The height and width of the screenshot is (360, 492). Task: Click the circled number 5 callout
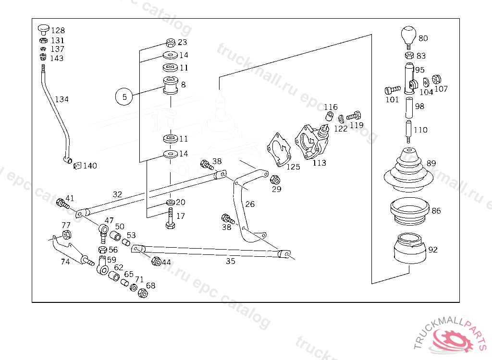[x=124, y=96]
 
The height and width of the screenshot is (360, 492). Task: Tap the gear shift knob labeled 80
[x=408, y=36]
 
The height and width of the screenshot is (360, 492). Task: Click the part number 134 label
[x=62, y=99]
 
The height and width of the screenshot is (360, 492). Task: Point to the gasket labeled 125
[x=279, y=150]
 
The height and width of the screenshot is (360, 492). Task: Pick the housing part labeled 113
[x=312, y=142]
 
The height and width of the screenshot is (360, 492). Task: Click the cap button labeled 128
[x=44, y=30]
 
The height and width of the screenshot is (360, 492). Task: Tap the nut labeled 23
[x=171, y=43]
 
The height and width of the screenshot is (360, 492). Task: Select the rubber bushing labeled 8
[x=171, y=85]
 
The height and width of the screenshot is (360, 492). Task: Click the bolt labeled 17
[x=170, y=218]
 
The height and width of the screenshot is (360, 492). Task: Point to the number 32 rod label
[x=117, y=194]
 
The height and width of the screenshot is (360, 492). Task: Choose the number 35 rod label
[x=231, y=261]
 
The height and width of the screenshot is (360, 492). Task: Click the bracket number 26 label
[x=250, y=204]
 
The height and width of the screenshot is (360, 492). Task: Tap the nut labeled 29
[x=275, y=180]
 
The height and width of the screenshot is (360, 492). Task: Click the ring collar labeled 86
[x=409, y=211]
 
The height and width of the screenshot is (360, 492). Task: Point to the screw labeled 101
[x=393, y=90]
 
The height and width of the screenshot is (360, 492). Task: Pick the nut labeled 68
[x=143, y=293]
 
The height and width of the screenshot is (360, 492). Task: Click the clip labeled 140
[x=77, y=166]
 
